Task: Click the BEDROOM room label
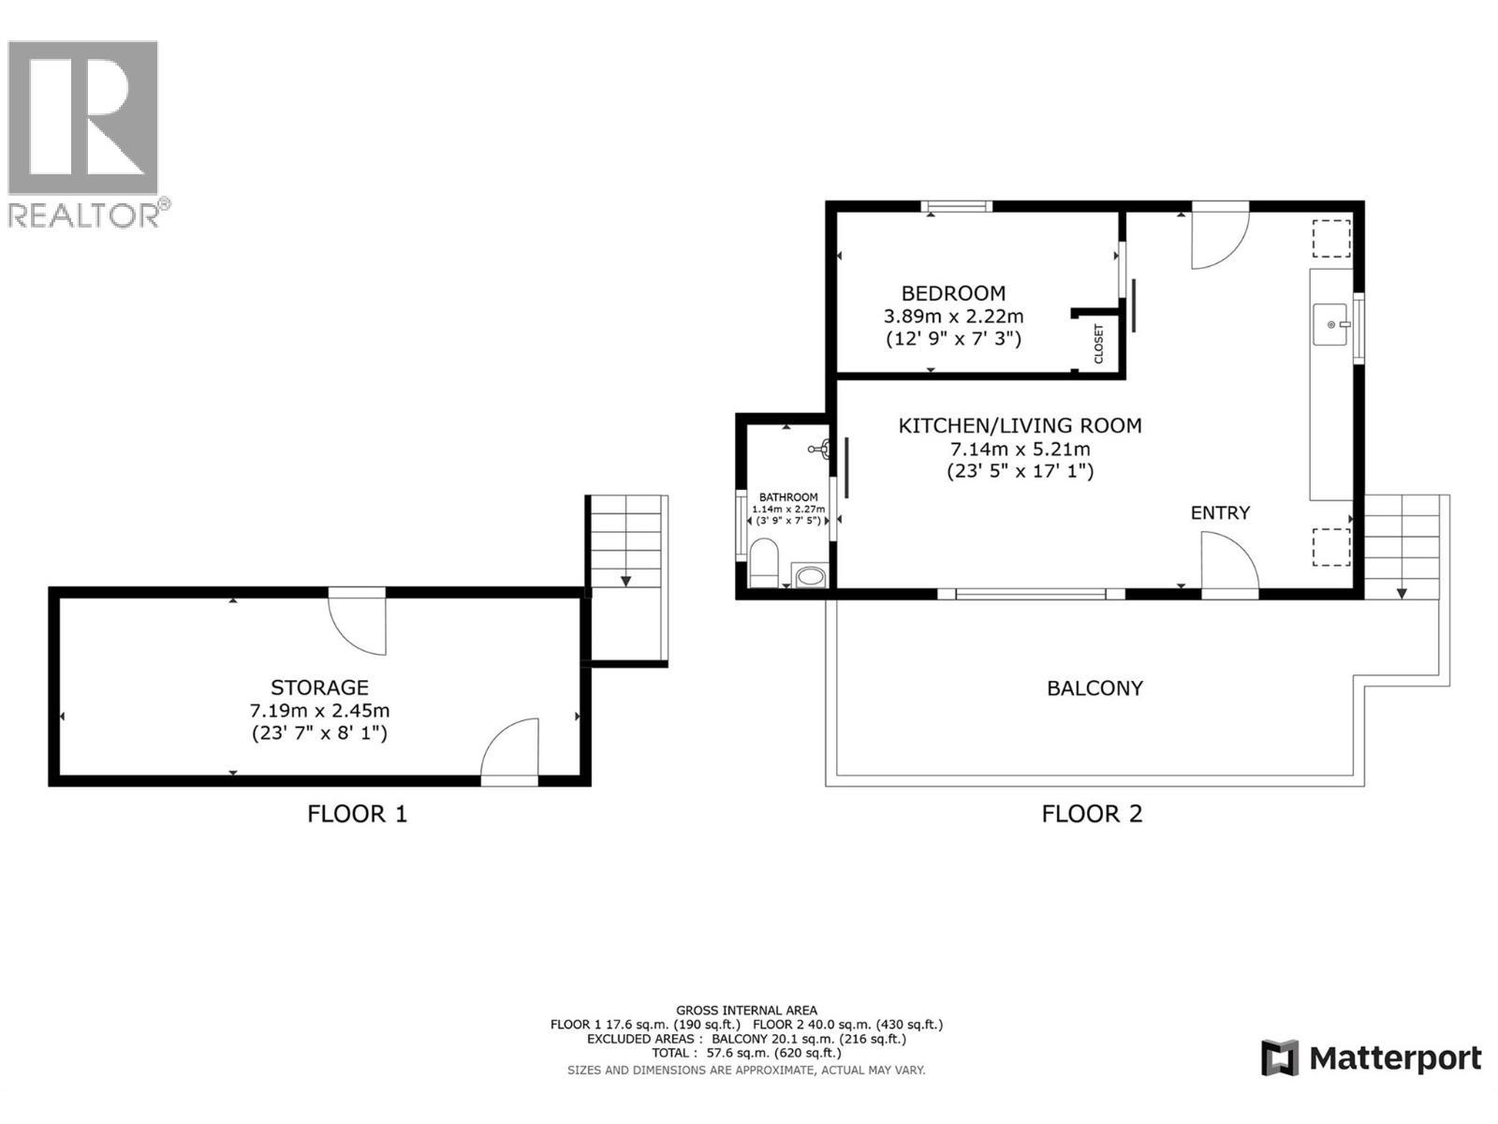[953, 293]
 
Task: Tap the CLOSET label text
[1099, 344]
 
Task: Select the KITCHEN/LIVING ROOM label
[1020, 426]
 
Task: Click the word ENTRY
[1220, 512]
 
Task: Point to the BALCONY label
[1094, 688]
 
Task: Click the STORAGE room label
[319, 688]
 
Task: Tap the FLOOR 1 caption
[357, 814]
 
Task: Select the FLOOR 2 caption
[1092, 814]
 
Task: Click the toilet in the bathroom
[762, 562]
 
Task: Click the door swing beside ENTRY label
[1228, 562]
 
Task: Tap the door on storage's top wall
[358, 623]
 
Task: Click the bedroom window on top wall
[956, 207]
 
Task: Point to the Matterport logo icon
[1280, 1058]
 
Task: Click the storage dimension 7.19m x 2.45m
[319, 711]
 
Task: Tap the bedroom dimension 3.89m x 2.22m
[953, 317]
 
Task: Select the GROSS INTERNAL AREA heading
[746, 1011]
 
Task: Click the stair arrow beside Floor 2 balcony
[1402, 592]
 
